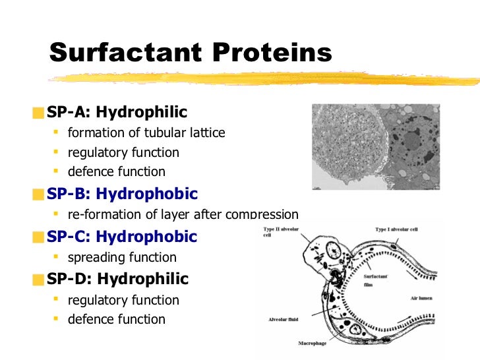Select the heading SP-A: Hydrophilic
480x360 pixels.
[x=117, y=112]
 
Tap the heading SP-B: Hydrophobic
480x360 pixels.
[x=121, y=194]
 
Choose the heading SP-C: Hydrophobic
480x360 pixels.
[x=121, y=236]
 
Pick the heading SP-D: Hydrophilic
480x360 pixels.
[x=117, y=278]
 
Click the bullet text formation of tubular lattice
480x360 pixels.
[x=146, y=133]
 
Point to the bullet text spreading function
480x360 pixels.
[x=122, y=257]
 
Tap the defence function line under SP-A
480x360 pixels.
[x=117, y=171]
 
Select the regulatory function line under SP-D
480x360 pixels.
[x=123, y=300]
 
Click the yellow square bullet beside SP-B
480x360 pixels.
[x=40, y=195]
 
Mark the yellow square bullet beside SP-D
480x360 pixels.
[x=40, y=279]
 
